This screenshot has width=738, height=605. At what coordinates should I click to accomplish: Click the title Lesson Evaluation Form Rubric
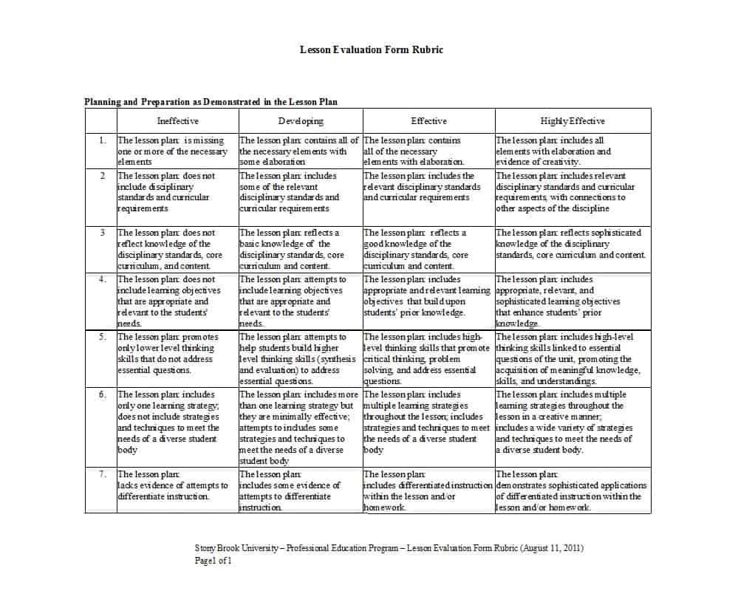(x=372, y=49)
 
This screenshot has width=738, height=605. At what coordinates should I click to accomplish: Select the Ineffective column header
(x=177, y=120)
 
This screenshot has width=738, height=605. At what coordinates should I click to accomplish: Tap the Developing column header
(x=300, y=120)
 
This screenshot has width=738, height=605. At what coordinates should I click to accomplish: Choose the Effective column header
(x=428, y=120)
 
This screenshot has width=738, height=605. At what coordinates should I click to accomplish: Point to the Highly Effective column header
(x=573, y=120)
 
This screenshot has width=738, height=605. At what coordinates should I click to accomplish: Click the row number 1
(x=102, y=140)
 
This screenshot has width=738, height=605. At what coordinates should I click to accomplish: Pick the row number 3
(x=103, y=233)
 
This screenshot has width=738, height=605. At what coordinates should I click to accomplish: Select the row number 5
(x=102, y=337)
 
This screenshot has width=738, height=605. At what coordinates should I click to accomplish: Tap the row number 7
(x=102, y=474)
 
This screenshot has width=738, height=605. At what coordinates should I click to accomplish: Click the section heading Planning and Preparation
(x=211, y=102)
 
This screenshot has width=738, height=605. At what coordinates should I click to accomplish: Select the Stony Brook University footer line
(x=389, y=548)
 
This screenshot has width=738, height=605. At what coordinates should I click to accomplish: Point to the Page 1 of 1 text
(x=213, y=560)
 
